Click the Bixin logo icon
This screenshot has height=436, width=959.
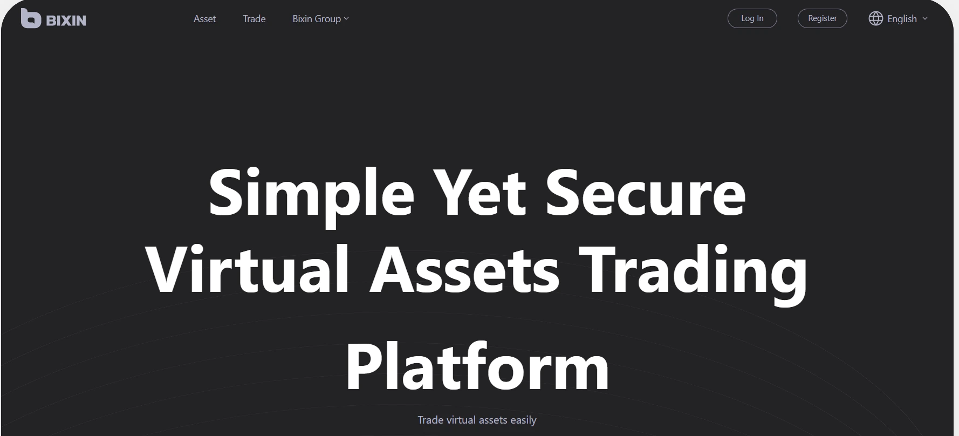tap(31, 18)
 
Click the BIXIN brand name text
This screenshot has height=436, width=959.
tap(66, 21)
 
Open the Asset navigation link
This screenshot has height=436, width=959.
tap(204, 19)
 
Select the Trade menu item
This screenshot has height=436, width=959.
tap(254, 19)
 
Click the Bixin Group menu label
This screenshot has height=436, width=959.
tap(317, 19)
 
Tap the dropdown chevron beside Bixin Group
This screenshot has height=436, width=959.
tap(346, 19)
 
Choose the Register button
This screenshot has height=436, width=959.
tap(823, 18)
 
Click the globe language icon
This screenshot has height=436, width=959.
tap(875, 18)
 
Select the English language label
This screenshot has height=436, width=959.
tap(902, 19)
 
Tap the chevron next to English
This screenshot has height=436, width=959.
tap(925, 18)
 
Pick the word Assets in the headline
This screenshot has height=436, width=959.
tap(464, 270)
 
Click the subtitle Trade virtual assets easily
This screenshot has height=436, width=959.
tap(477, 420)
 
